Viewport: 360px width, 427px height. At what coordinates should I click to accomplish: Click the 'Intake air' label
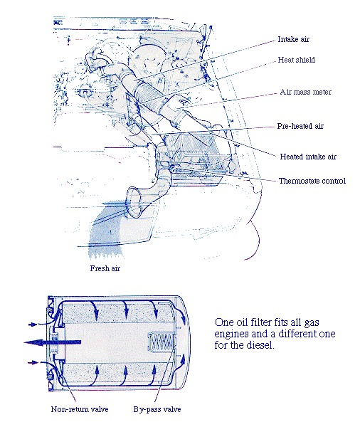click(293, 39)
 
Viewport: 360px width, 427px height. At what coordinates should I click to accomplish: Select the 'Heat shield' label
click(296, 60)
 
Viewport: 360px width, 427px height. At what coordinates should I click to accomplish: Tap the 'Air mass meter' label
click(305, 92)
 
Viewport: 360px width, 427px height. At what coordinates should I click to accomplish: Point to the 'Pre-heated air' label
click(300, 126)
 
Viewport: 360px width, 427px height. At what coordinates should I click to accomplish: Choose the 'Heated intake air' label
click(308, 157)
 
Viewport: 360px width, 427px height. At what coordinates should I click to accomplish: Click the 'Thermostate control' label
click(312, 181)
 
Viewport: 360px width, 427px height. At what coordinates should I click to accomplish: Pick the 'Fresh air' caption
click(105, 268)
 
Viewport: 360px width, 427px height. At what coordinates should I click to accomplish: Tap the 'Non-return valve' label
click(80, 409)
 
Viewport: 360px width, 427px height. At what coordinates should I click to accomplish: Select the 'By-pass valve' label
click(157, 409)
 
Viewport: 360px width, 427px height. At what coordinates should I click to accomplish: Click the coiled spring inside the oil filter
click(162, 342)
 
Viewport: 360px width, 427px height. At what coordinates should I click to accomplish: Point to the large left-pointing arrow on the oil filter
click(52, 342)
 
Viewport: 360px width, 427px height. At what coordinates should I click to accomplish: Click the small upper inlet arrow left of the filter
click(33, 325)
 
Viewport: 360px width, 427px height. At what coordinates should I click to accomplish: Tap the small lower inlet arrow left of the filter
click(33, 362)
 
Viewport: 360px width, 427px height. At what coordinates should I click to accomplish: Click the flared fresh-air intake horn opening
click(134, 202)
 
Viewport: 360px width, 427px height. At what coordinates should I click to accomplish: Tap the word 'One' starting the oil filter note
click(224, 322)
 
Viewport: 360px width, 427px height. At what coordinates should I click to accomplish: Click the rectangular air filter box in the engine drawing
click(196, 152)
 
